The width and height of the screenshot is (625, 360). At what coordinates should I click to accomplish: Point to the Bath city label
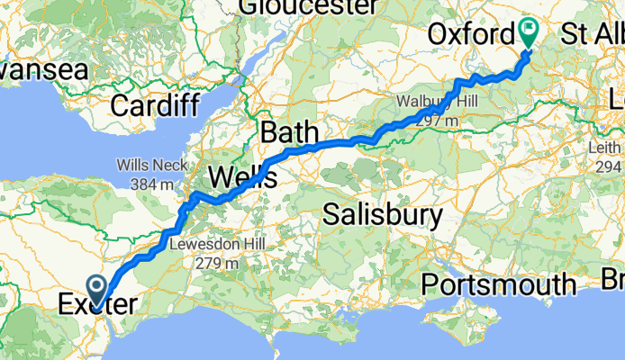[x=289, y=133]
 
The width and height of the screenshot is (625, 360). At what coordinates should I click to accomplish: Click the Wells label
[x=242, y=175]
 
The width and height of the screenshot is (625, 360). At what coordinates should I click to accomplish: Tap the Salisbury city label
[x=383, y=214]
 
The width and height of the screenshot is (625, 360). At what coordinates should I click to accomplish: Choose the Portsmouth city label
[x=499, y=285]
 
